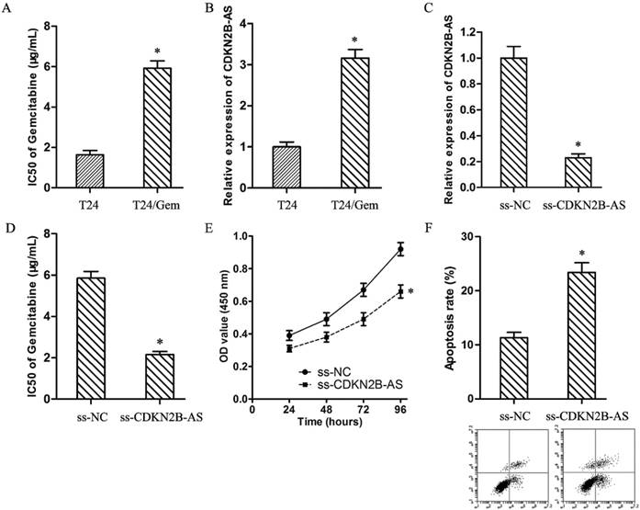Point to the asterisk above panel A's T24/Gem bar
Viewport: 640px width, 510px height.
[x=160, y=49]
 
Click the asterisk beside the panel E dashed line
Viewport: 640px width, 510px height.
[x=410, y=291]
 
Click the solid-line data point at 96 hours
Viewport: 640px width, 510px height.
[x=399, y=249]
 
